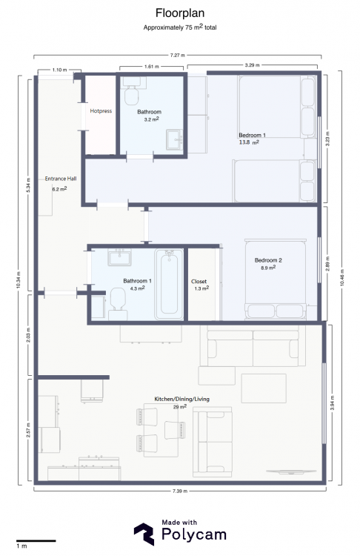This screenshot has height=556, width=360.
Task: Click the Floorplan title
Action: (180, 13)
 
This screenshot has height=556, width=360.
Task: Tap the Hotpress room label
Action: (101, 111)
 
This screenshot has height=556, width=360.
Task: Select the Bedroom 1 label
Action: (252, 135)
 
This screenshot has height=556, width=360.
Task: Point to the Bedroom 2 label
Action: (268, 260)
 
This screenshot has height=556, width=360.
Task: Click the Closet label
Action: (199, 282)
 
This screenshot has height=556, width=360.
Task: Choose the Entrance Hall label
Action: (61, 179)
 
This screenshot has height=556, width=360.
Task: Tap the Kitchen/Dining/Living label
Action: (181, 399)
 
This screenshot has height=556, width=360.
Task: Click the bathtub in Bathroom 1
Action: (169, 285)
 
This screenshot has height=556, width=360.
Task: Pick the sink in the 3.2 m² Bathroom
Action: (175, 139)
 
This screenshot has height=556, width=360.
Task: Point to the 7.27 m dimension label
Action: (177, 56)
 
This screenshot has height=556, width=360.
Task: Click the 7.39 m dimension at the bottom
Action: (180, 491)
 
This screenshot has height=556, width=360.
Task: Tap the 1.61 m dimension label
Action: (152, 66)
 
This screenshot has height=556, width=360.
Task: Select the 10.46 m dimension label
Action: (342, 277)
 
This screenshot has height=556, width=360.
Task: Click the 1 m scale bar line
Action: (36, 540)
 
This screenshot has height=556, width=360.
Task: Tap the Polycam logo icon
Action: (144, 534)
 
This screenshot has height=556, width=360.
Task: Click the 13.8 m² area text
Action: (249, 142)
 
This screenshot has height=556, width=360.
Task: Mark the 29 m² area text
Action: (180, 407)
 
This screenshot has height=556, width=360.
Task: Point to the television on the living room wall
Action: (290, 471)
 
